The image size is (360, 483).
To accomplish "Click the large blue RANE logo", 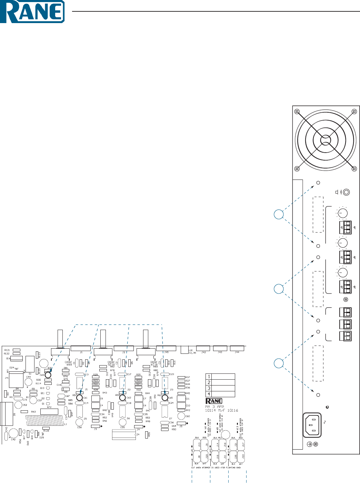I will [x=32, y=12].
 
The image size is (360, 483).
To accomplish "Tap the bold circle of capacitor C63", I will [x=48, y=375].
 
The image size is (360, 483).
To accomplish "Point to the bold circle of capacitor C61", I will [x=79, y=398].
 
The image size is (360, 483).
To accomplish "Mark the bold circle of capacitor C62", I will [x=122, y=398].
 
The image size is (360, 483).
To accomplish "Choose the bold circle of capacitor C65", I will [x=165, y=398].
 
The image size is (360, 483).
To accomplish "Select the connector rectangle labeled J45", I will [x=166, y=348].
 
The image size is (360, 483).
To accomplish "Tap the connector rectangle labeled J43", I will [x=220, y=348].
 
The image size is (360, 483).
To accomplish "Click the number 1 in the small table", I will [x=209, y=377].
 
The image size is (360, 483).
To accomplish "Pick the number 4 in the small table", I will [x=209, y=394].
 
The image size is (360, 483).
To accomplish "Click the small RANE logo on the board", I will [x=214, y=401].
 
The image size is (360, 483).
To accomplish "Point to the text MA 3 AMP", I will [x=214, y=407].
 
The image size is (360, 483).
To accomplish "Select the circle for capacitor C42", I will [x=13, y=433].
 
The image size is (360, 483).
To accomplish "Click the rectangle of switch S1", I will [x=30, y=364].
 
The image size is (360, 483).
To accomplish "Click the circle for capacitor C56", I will [x=79, y=422].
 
